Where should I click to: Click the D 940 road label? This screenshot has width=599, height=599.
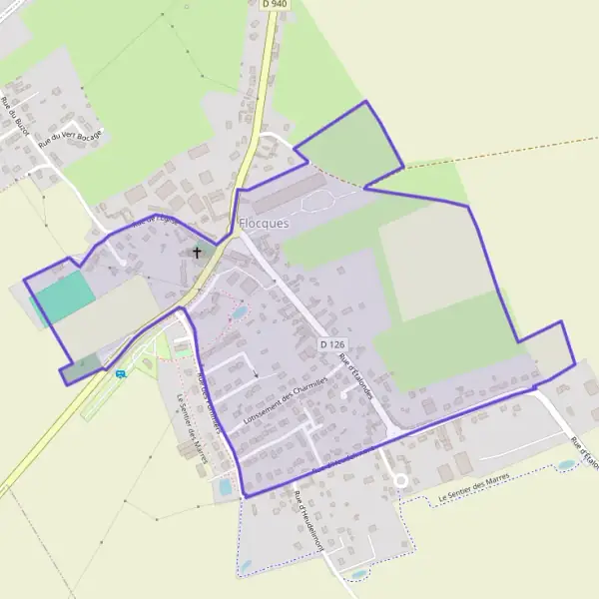point(274,5)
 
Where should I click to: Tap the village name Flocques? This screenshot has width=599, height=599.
point(264,223)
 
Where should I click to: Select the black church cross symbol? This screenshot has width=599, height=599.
point(197,253)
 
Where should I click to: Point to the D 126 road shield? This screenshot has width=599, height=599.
point(332,344)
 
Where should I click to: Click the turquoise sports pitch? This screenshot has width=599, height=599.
point(65,297)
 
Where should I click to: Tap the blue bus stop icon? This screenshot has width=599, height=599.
point(121,374)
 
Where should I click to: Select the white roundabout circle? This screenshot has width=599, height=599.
point(399,480)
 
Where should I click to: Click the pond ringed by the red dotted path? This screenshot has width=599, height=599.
point(239,313)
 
